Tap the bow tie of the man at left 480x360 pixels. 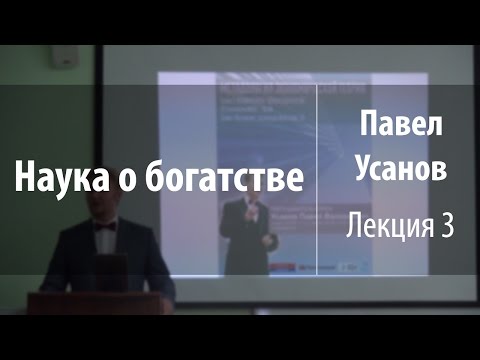click(106, 229)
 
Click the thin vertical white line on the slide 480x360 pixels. click(318, 180)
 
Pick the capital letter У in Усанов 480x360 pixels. click(362, 171)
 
